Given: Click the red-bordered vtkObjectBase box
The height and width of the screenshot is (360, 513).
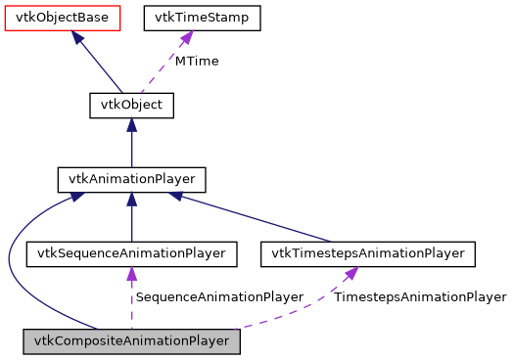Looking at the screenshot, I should tap(63, 18).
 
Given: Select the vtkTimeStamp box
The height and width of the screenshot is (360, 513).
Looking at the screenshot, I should tap(203, 18).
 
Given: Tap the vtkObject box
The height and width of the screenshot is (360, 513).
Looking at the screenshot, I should tap(131, 105).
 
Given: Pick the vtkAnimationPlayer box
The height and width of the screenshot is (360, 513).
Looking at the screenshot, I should tap(131, 180).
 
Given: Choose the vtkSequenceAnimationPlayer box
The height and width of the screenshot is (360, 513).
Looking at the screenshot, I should tap(131, 254).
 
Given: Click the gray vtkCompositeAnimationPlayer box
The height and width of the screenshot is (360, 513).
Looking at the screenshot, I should tap(131, 341).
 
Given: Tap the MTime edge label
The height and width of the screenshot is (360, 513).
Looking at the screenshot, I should tap(197, 61).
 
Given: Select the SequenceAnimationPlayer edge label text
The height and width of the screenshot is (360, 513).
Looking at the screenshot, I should tap(219, 296).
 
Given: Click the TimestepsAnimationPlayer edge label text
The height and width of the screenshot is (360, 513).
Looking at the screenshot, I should tap(420, 296).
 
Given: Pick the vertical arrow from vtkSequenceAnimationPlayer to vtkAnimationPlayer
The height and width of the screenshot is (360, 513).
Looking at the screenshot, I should tap(131, 220).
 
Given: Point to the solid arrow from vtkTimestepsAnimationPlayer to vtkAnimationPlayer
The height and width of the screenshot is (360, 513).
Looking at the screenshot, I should tap(264, 218).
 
